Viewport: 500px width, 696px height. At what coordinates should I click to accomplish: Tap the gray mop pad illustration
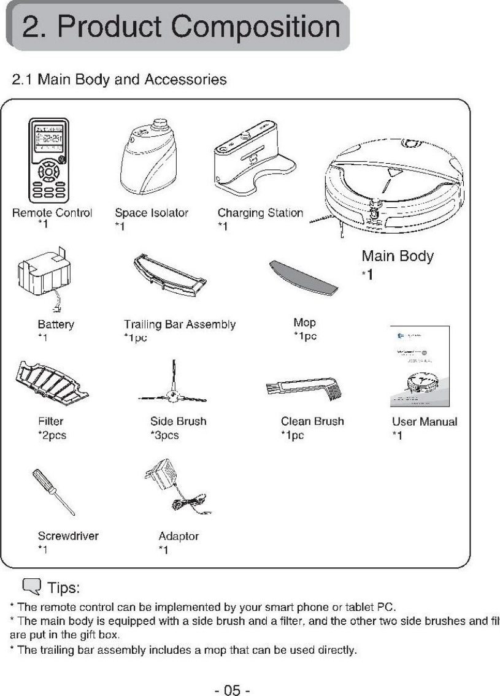(x=303, y=276)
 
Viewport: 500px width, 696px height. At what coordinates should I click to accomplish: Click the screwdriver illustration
(x=53, y=493)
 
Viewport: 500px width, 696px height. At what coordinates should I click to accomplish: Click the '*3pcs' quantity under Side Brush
(x=164, y=436)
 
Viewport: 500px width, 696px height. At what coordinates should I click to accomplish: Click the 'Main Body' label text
(x=398, y=256)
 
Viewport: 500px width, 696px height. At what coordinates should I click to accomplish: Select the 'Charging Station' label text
(x=260, y=213)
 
